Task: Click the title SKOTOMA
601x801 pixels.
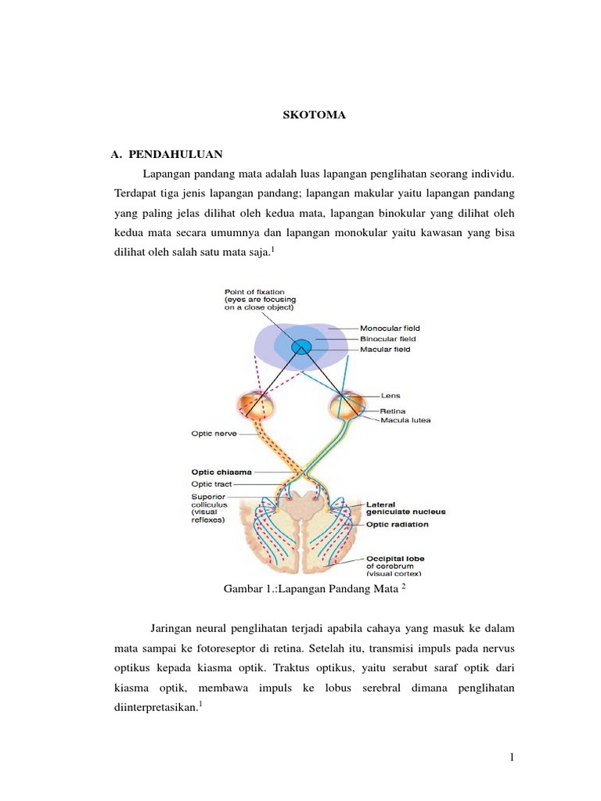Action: (x=313, y=115)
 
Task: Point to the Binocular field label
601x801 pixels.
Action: (x=388, y=339)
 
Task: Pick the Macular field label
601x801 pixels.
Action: (x=385, y=350)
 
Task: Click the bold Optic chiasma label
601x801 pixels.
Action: (x=223, y=472)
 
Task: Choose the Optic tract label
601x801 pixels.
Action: (x=213, y=484)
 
